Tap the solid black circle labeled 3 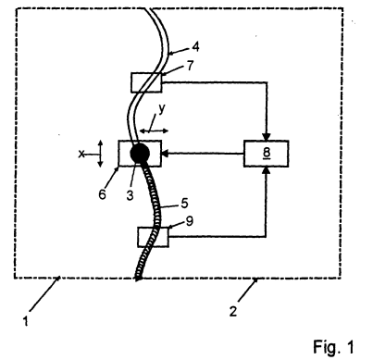point(140,153)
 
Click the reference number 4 point(195,47)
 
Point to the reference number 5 point(184,204)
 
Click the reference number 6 point(102,194)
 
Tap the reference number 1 point(26,321)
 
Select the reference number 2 point(233,311)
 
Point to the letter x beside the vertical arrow point(81,154)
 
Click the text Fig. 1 point(334,346)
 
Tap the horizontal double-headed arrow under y point(154,130)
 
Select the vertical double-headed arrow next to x point(100,154)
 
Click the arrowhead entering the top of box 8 point(267,137)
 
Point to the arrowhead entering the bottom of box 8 point(267,170)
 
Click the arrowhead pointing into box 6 point(165,154)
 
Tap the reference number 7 point(191,65)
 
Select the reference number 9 point(190,221)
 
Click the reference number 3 point(131,195)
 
